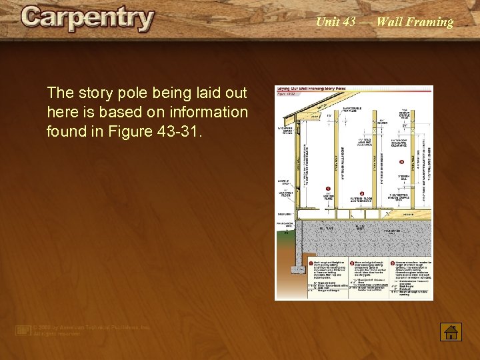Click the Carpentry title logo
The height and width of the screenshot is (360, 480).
click(87, 19)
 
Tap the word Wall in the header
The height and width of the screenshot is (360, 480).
click(389, 22)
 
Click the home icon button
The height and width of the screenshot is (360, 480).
click(451, 331)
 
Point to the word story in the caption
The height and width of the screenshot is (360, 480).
click(89, 93)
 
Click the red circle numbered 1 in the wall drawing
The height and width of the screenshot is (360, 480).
click(328, 189)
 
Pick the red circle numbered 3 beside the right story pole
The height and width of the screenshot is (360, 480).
click(401, 161)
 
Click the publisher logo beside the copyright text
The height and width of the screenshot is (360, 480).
click(23, 330)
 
